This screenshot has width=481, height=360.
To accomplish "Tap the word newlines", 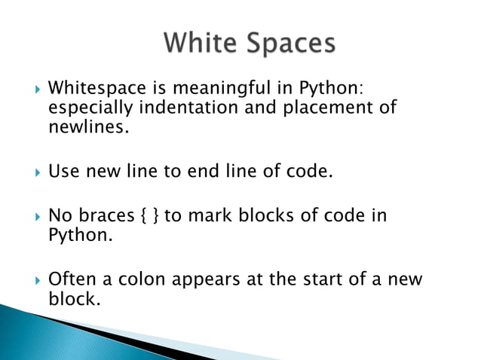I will [x=84, y=127].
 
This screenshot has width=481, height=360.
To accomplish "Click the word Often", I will [x=72, y=279].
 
